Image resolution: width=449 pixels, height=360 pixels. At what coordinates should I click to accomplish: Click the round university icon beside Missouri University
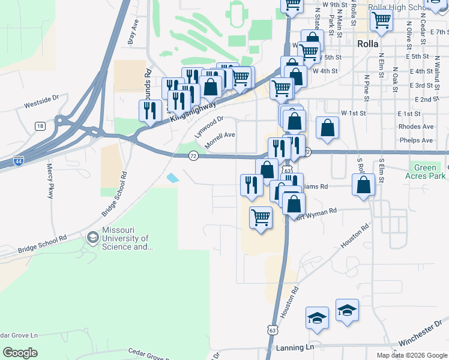92,239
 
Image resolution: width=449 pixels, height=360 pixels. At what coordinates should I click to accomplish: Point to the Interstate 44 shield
19,161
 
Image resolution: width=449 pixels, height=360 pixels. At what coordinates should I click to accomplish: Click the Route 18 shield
40,125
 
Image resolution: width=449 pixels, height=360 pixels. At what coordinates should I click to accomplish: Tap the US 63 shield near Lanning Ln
273,330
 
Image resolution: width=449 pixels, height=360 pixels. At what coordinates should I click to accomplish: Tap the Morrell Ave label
220,140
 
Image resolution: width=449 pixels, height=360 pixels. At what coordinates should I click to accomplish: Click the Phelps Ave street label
419,140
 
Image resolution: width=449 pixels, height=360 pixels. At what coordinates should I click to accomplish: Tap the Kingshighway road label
192,111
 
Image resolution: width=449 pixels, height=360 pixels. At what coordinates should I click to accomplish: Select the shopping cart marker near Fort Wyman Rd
261,217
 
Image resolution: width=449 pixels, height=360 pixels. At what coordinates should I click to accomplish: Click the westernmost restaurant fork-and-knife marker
150,110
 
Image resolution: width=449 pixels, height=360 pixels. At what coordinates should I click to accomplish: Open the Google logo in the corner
20,353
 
